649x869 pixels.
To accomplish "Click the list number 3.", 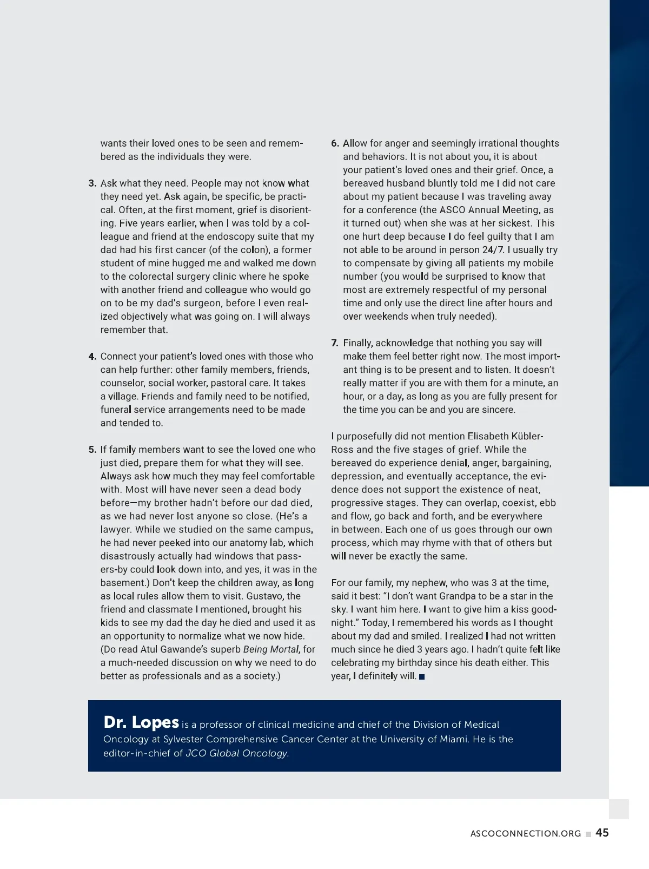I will tap(92, 183).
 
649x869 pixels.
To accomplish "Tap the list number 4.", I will tap(92, 357).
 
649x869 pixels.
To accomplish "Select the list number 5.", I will tap(92, 450).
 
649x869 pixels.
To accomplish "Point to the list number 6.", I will tap(335, 143).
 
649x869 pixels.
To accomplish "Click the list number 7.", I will tap(335, 343).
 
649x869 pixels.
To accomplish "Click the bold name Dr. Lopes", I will tap(141, 722).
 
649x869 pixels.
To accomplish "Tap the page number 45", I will tap(602, 833).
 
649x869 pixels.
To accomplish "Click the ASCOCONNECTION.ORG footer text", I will tap(525, 834).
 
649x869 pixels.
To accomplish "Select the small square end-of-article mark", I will tap(422, 677).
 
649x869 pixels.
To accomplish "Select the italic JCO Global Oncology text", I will tap(237, 753).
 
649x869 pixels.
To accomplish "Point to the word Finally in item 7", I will tap(357, 343).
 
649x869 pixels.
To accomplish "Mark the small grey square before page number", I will tap(588, 834).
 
